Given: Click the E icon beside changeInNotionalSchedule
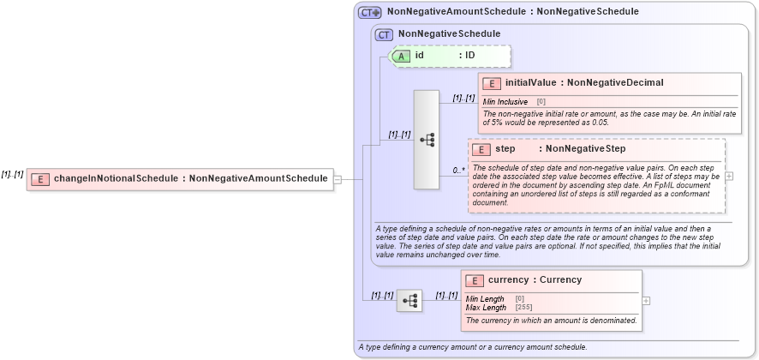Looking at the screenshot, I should [40, 179].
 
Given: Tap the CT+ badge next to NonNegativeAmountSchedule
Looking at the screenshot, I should [370, 13].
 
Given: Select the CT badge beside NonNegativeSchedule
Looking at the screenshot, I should [385, 34].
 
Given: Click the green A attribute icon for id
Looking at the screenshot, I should [401, 56].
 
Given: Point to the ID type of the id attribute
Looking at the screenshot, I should [469, 56].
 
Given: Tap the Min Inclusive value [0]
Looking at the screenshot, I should [541, 101].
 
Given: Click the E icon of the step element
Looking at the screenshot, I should [482, 149].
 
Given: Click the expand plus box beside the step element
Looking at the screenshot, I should [729, 176].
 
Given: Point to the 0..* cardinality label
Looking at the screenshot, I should [459, 171].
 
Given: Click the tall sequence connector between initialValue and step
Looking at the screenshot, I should [427, 139].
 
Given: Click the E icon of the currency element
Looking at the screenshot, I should [475, 280].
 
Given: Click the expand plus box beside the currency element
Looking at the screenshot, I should [646, 301].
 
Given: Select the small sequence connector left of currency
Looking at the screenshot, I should [409, 301].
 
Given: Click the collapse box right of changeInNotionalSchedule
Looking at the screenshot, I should [338, 179].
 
